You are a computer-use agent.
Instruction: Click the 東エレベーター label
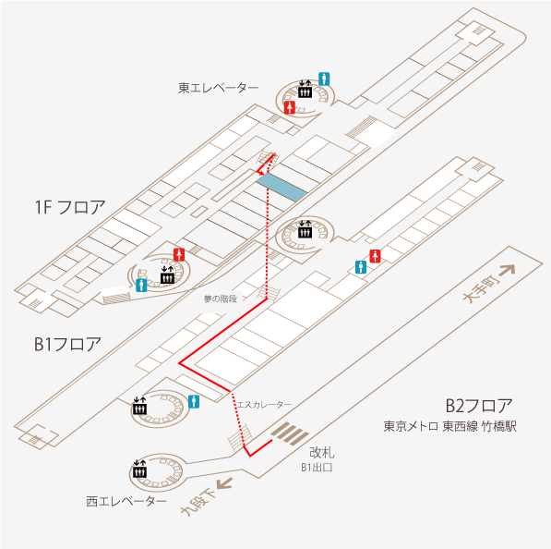(218, 88)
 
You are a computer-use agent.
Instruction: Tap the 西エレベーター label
(126, 501)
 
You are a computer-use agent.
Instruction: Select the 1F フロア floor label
(70, 207)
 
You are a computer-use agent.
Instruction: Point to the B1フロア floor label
(67, 344)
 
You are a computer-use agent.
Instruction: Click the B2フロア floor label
(479, 406)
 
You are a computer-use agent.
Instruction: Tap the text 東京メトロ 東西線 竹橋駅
(449, 426)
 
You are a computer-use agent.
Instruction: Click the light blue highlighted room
(281, 187)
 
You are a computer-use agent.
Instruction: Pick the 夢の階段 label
(221, 299)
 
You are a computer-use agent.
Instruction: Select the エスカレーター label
(264, 405)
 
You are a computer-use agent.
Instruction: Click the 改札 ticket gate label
(321, 453)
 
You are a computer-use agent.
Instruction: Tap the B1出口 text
(317, 468)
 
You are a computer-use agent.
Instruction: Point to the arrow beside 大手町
(507, 271)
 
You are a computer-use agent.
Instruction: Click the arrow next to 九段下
(224, 483)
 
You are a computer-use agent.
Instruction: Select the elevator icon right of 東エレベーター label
(305, 90)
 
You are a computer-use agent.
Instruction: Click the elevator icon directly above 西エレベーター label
(140, 469)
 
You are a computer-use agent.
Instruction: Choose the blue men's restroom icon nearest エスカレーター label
(194, 401)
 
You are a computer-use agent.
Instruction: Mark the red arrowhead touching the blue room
(260, 173)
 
